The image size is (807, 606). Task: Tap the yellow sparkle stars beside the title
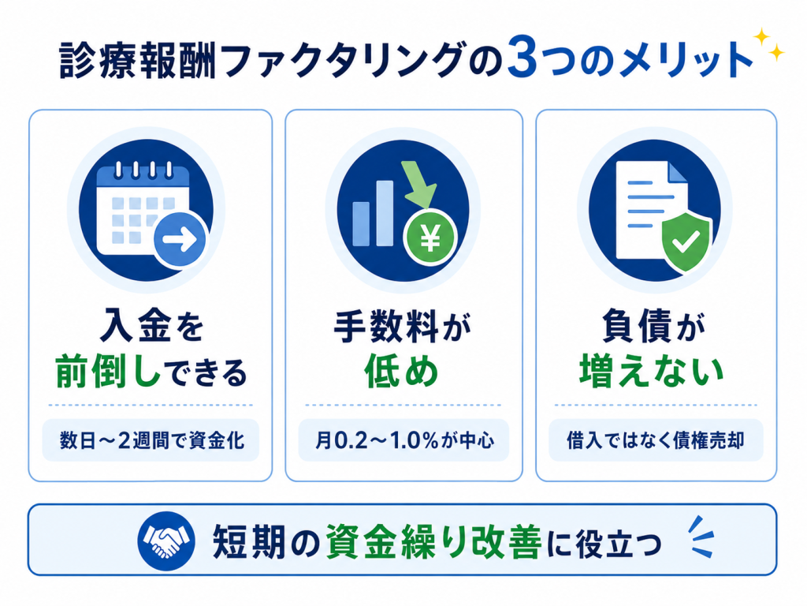click(769, 45)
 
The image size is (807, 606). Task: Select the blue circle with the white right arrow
click(180, 240)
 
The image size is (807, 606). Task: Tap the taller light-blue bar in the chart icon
click(385, 213)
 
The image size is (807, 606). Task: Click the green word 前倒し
click(109, 372)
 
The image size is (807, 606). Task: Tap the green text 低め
click(401, 371)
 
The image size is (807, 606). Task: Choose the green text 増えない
click(653, 371)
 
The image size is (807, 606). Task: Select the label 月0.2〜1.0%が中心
click(404, 440)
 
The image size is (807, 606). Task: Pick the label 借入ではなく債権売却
click(655, 440)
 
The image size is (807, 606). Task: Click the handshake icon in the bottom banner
click(166, 541)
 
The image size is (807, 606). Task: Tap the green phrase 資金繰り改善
click(433, 542)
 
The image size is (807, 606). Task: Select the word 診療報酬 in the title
click(137, 60)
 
